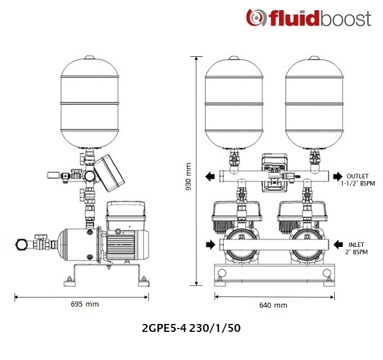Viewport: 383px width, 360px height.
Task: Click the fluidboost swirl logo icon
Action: point(256,17)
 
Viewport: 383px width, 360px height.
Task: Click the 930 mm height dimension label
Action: point(188,177)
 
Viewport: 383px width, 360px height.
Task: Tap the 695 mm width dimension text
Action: point(85,304)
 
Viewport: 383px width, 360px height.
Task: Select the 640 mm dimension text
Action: point(273,305)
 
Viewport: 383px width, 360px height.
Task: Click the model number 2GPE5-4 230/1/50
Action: point(191,328)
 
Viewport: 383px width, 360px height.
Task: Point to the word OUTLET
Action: point(358,176)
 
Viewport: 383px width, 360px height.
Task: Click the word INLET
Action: point(356,245)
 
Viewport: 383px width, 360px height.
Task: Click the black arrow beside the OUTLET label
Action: point(338,176)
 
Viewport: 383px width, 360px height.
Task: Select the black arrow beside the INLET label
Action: point(339,244)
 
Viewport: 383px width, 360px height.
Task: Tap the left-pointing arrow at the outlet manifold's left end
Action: point(210,176)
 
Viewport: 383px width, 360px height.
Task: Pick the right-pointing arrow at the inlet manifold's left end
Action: point(210,244)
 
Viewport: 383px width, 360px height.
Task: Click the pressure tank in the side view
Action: point(89,102)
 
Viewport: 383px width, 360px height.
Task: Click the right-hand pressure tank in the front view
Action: point(314,102)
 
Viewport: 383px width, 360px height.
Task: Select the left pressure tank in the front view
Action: point(234,102)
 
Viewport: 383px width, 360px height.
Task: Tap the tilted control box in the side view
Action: point(109,173)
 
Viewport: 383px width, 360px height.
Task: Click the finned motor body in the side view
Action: point(121,245)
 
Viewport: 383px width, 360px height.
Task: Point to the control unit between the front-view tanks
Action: point(274,173)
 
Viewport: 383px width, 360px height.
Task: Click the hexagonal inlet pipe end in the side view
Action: point(20,244)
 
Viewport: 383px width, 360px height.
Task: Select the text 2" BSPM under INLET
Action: point(357,252)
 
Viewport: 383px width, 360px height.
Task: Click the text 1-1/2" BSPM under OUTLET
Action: point(358,183)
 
